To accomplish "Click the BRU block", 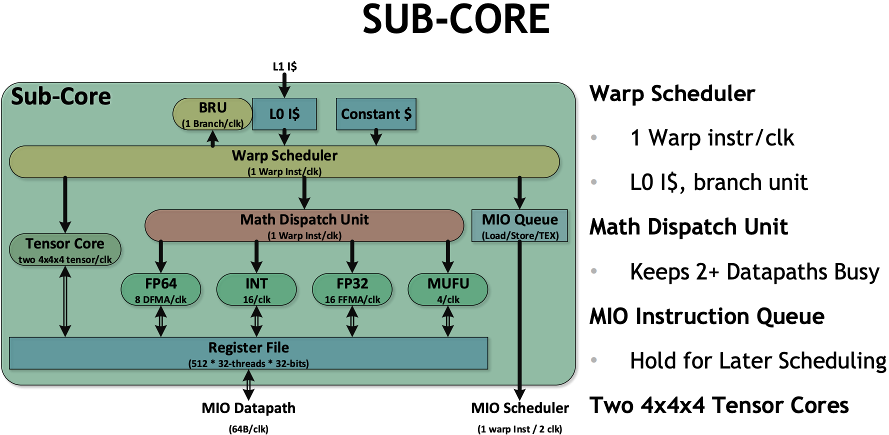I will click(212, 114).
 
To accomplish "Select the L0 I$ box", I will click(284, 114).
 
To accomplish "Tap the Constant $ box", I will click(376, 114).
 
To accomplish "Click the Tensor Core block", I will click(65, 249).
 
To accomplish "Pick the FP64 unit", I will click(160, 289).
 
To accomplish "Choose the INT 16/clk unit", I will click(256, 289).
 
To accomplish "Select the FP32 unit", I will click(352, 289).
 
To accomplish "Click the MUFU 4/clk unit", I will click(448, 289).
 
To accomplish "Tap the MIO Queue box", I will click(519, 225).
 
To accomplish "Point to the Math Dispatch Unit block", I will click(304, 225).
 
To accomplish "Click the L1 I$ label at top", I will click(284, 66).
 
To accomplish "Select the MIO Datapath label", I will click(248, 408).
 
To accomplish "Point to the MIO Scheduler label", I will click(520, 408).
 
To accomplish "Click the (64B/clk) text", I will click(248, 429).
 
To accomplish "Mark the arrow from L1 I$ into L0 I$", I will click(284, 85).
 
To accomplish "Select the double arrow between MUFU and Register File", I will click(448, 321).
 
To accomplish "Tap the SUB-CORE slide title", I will click(456, 19).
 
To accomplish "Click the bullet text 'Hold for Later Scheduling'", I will click(757, 360).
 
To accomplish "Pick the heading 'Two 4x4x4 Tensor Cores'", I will click(719, 405).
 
